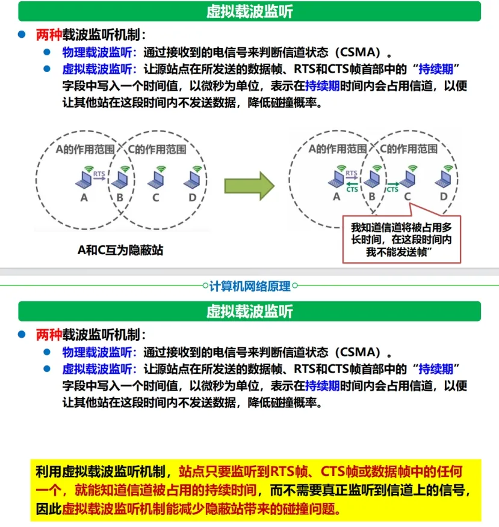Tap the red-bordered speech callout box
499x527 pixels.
(401, 240)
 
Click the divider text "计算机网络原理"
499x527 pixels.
(250, 285)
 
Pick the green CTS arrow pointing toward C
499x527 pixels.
(392, 184)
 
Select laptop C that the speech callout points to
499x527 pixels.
(409, 180)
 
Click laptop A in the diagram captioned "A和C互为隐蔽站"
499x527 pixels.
(84, 179)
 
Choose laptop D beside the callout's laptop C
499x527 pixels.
(444, 180)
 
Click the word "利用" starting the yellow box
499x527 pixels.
(45, 471)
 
